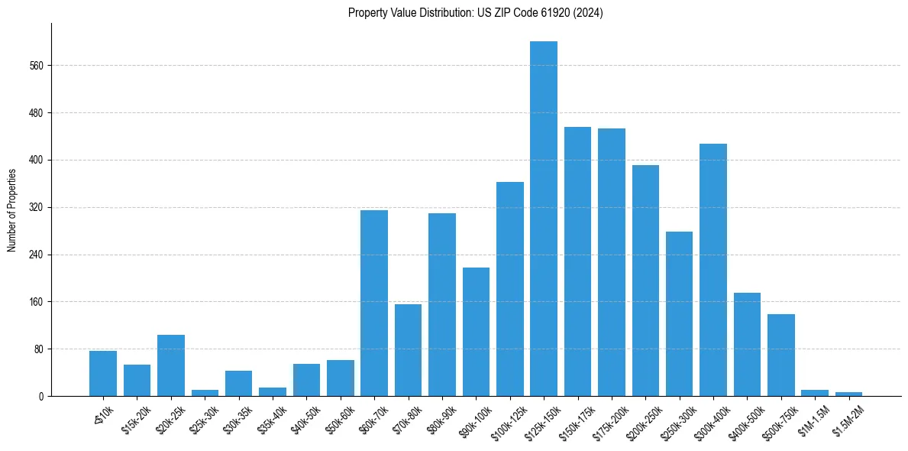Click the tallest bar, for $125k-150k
pos(544,219)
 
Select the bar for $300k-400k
pos(713,270)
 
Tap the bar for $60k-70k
pos(374,303)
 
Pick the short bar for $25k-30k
pos(205,393)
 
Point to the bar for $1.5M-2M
pos(848,394)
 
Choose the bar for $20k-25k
pos(171,365)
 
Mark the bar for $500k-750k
pos(781,355)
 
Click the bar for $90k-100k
pos(476,332)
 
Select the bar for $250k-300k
pos(679,313)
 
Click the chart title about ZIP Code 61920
pos(475,13)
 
